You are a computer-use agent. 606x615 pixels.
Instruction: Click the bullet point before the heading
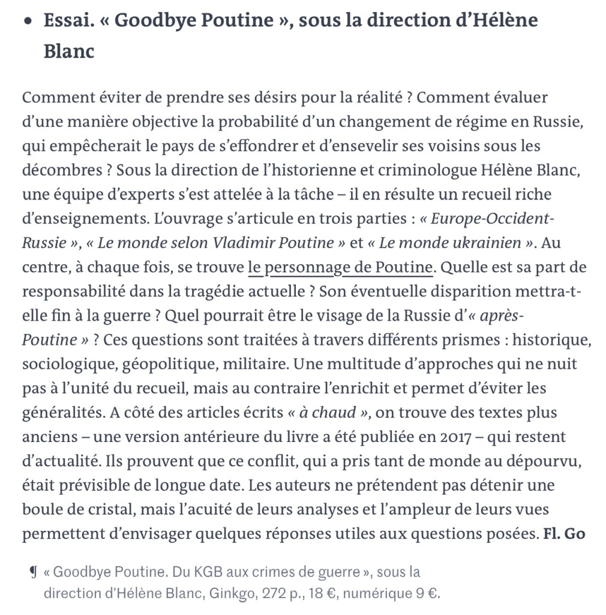coord(28,21)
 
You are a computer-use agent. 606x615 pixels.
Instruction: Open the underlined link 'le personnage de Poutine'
coord(340,267)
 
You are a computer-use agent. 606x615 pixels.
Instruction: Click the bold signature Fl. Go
coord(563,534)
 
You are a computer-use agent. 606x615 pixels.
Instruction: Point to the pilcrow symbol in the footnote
coord(33,572)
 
